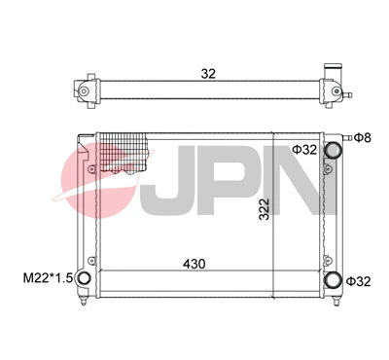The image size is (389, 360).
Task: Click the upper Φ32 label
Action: tap(304, 150)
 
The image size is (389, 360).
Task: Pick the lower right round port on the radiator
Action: tap(335, 281)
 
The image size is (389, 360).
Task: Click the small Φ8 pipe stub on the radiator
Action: tap(348, 137)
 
